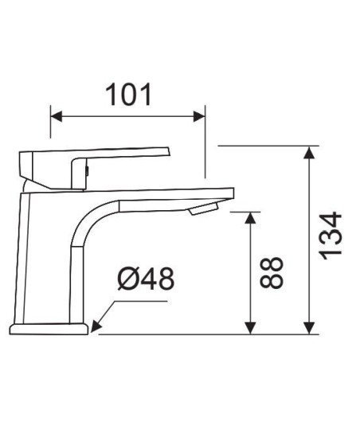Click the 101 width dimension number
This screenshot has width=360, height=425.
128,95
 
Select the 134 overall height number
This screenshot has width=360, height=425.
331,236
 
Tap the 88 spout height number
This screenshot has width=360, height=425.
272,272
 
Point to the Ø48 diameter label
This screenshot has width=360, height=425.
146,279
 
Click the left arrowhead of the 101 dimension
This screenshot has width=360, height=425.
57,116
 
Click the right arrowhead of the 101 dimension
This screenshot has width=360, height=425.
199,116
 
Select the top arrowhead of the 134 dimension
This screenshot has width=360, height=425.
309,152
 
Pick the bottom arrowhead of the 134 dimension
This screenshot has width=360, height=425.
309,328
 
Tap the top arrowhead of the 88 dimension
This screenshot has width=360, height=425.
250,218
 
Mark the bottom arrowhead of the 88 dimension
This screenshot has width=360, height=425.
250,328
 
